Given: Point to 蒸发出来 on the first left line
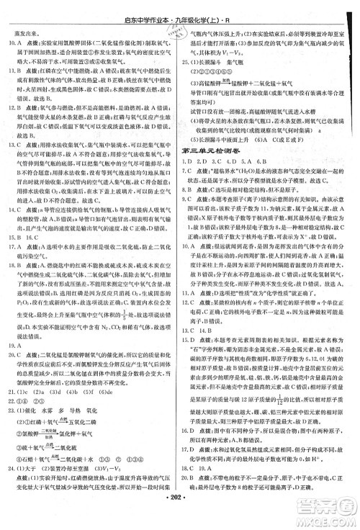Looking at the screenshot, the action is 23,32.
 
